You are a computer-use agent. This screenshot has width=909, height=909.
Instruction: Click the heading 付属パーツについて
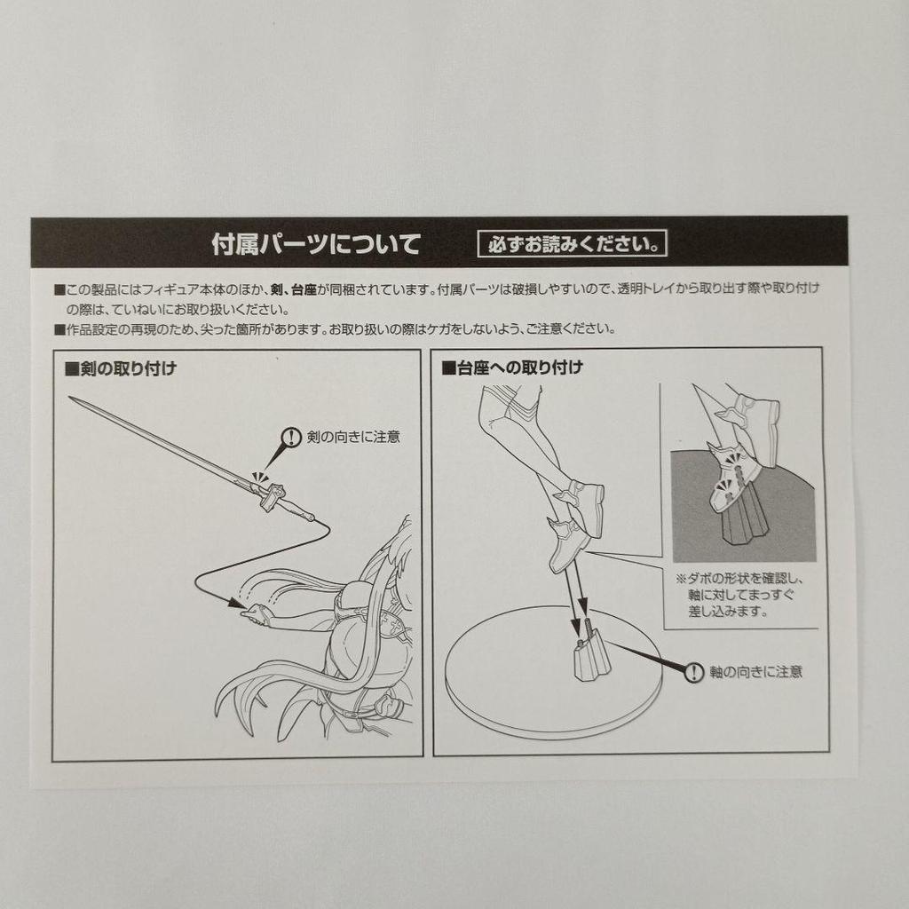click(315, 244)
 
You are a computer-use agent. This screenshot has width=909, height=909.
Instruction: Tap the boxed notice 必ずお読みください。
click(573, 244)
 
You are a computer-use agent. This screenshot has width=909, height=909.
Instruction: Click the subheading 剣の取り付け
click(121, 368)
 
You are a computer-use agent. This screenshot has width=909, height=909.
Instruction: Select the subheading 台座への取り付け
click(512, 368)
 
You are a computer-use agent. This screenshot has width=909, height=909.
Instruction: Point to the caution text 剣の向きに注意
click(353, 437)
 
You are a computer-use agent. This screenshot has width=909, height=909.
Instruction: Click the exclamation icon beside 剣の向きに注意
click(290, 437)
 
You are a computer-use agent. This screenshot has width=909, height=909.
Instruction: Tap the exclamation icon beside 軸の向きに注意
click(693, 672)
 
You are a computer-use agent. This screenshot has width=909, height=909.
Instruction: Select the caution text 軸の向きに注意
click(756, 672)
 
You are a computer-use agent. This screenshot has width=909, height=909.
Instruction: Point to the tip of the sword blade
click(69, 398)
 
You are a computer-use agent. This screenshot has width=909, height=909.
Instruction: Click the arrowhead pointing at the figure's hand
click(236, 603)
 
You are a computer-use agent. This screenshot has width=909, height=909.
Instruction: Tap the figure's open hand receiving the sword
click(258, 614)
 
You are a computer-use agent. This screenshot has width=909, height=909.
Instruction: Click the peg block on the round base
click(592, 659)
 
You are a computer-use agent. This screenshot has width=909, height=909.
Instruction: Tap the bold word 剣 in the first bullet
click(277, 289)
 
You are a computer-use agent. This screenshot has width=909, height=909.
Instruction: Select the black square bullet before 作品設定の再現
click(59, 330)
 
